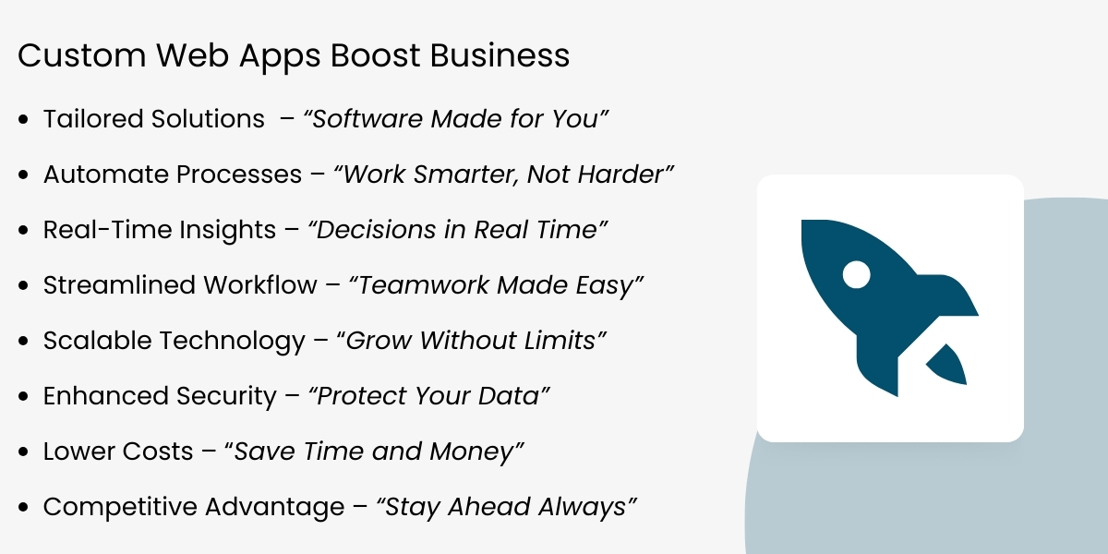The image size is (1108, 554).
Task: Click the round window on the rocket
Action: tap(857, 274)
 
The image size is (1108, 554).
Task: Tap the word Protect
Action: tap(362, 396)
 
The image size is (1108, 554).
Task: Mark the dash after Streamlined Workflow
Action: tap(331, 286)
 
